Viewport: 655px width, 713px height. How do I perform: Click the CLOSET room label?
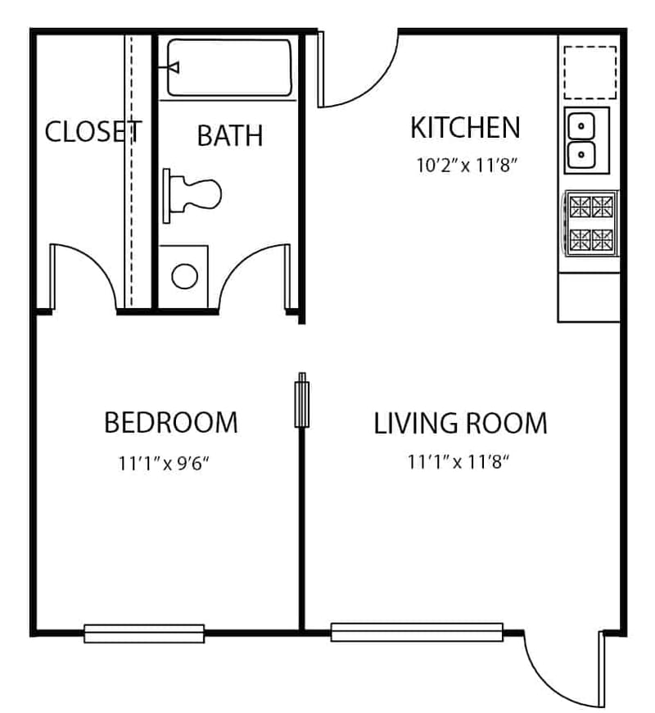(93, 131)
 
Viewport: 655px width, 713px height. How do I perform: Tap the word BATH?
(230, 135)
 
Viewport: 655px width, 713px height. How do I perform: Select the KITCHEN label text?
(464, 128)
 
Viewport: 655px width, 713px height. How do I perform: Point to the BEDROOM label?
(170, 423)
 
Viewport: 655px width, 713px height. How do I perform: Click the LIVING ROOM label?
(460, 424)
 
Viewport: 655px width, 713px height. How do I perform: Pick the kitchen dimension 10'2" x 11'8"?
(468, 165)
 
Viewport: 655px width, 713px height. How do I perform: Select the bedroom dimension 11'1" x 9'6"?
(165, 463)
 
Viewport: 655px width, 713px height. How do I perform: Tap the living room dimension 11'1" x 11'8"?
(458, 462)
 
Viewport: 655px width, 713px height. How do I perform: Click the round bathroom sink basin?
(184, 275)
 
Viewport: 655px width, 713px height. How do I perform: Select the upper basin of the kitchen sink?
(581, 126)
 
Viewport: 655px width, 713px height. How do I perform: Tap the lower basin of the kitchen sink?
(581, 153)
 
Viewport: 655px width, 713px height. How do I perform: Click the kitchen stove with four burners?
(591, 222)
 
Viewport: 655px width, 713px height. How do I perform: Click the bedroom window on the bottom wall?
(144, 633)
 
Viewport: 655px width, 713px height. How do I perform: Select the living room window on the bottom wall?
(417, 632)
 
